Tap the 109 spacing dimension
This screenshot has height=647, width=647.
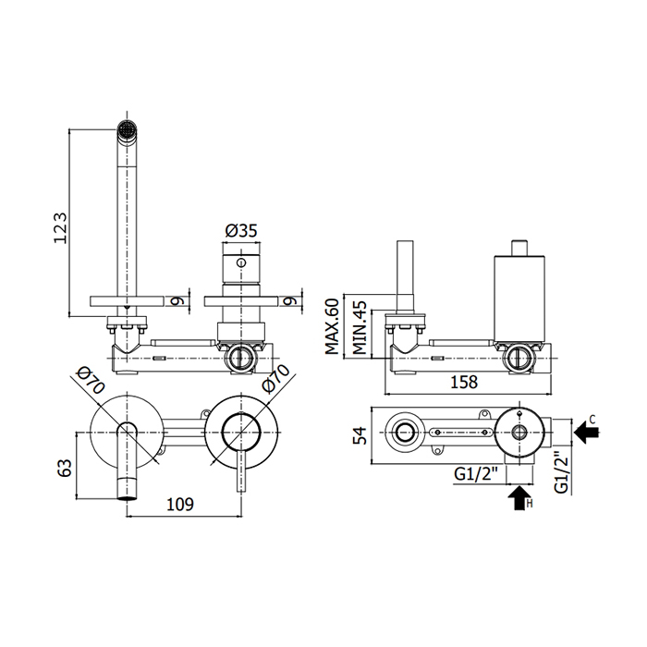[180, 505]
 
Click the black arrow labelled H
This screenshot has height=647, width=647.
[517, 500]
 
